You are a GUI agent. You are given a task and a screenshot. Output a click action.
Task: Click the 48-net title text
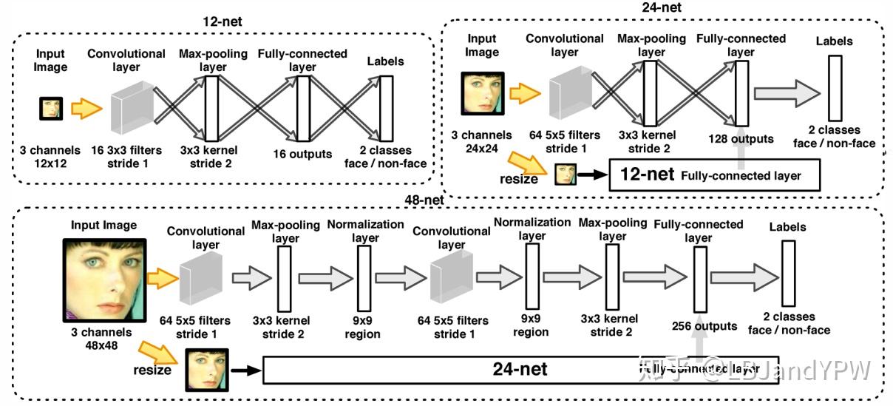coord(424,200)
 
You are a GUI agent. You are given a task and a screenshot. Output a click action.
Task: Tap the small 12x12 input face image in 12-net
coord(51,109)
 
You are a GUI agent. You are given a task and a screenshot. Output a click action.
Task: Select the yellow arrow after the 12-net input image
coord(86,109)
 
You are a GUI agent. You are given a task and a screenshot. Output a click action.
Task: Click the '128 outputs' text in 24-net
coord(740,139)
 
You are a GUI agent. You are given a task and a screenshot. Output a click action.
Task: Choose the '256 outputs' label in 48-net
coord(704,325)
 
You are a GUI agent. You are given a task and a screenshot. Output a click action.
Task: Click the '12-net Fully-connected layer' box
coord(714,175)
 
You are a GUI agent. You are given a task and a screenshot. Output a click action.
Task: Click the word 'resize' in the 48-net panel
coord(153,368)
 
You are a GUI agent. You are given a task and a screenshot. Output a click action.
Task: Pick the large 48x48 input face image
coord(104,279)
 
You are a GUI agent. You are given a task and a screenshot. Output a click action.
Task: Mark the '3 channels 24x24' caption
coord(482,142)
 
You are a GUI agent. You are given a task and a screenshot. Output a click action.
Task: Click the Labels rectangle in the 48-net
coord(788,275)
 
